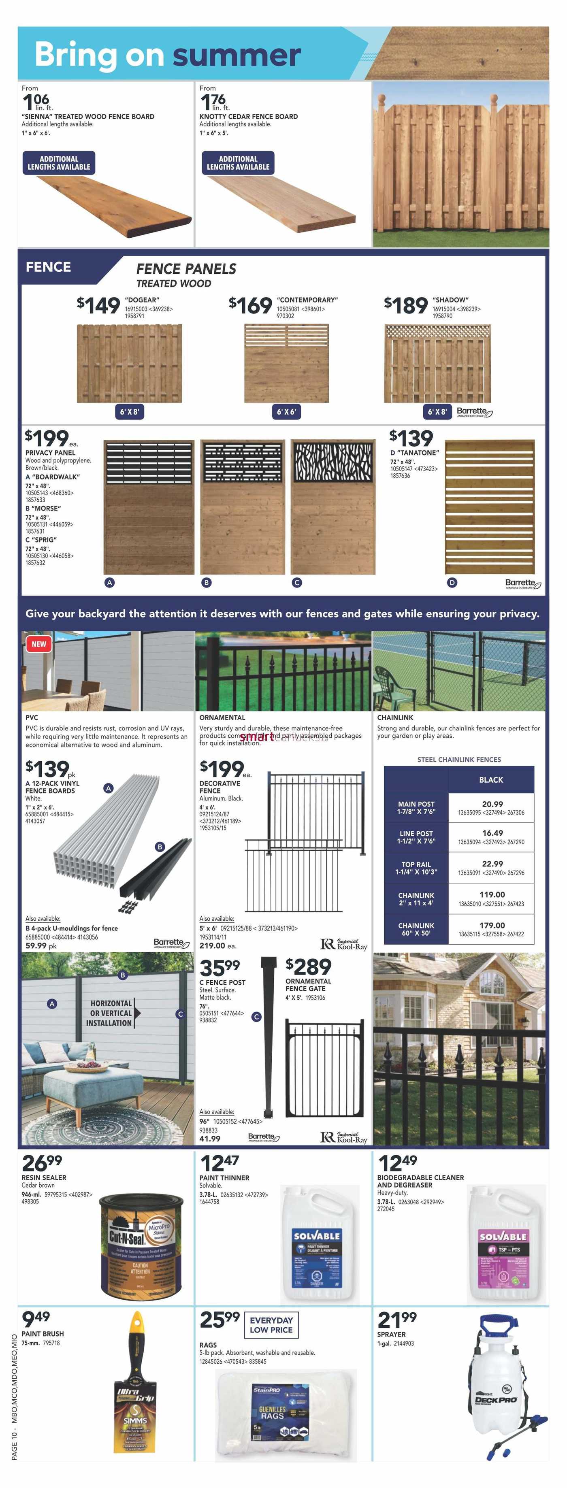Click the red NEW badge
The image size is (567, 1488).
(39, 644)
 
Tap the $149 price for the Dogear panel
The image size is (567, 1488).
(98, 305)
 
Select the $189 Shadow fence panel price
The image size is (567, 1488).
(406, 305)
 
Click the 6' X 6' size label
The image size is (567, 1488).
(286, 412)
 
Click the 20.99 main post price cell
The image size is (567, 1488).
(491, 807)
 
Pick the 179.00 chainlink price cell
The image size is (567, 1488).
(491, 929)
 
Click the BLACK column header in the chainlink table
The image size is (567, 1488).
(491, 780)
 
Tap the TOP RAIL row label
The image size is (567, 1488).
(416, 868)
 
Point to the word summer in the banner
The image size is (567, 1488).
(237, 55)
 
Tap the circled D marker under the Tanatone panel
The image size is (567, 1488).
(452, 582)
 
